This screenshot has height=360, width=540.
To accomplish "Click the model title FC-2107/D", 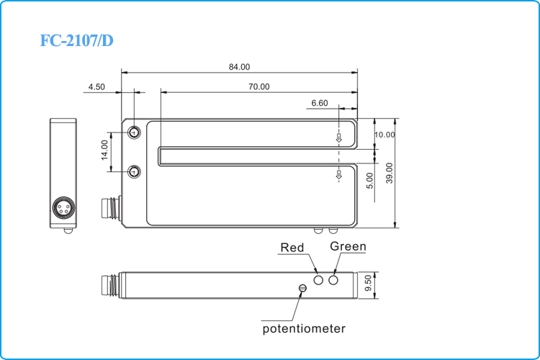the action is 77,40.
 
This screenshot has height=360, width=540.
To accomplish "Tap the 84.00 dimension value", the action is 239,67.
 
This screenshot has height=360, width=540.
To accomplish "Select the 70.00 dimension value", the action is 259,87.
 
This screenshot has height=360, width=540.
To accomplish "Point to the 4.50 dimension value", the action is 96,87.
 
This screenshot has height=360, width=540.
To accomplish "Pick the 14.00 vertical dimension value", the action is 105,150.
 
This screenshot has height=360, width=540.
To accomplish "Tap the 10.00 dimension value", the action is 384,135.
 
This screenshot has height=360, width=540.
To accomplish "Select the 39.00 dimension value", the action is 389,173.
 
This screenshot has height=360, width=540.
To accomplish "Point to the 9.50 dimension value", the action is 369,283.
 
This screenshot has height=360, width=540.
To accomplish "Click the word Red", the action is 292,248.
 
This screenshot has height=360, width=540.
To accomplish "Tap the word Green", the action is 348,247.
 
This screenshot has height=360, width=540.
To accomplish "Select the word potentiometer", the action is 303,329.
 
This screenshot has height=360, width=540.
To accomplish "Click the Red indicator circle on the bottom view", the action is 319,279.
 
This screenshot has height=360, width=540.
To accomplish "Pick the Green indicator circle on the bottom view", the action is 333,279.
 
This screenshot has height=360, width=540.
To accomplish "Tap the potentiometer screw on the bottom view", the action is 302,289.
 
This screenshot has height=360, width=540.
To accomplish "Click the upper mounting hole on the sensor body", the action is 135,132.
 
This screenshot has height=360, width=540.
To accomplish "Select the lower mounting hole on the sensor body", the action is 135,171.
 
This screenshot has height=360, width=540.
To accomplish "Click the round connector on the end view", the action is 63,208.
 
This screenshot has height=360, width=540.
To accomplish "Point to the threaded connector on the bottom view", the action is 110,283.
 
